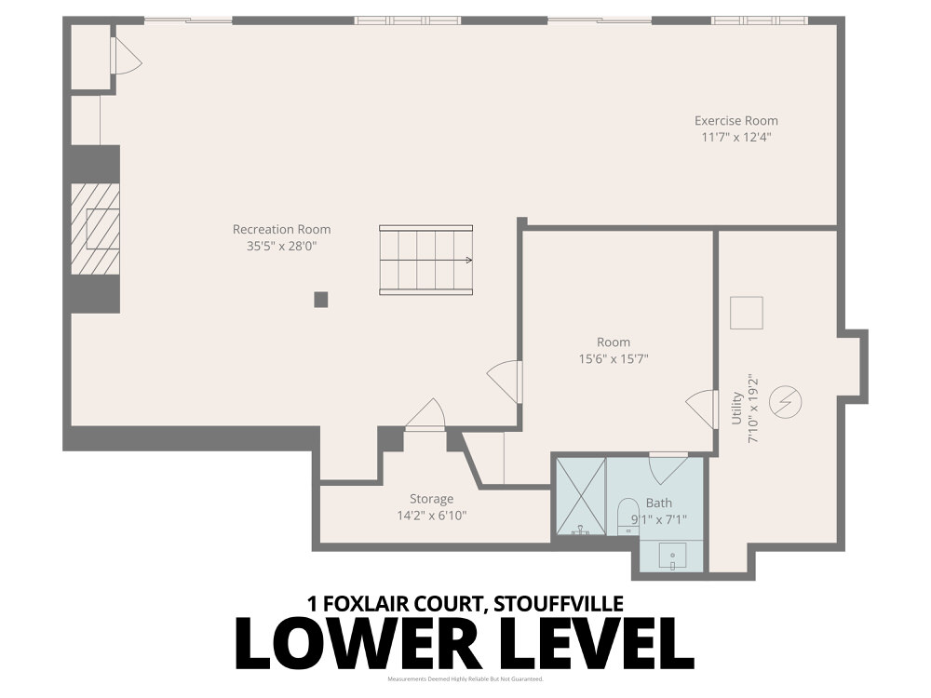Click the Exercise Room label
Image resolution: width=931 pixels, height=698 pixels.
pyautogui.click(x=735, y=120)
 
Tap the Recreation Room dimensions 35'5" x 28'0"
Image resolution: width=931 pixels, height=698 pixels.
pyautogui.click(x=281, y=246)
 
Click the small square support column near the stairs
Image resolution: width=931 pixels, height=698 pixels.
pyautogui.click(x=320, y=299)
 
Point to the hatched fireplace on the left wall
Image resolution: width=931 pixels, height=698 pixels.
pyautogui.click(x=97, y=229)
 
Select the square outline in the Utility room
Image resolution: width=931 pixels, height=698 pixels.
pyautogui.click(x=746, y=313)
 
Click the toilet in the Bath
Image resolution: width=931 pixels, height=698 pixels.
pyautogui.click(x=627, y=517)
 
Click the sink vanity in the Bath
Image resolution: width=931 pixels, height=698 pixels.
pyautogui.click(x=672, y=557)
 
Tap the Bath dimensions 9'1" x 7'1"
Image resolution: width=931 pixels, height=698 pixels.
pyautogui.click(x=659, y=519)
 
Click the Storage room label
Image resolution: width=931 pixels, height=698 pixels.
pyautogui.click(x=431, y=499)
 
